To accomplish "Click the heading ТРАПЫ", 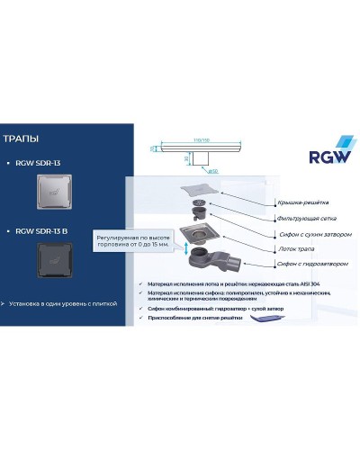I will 21,139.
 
